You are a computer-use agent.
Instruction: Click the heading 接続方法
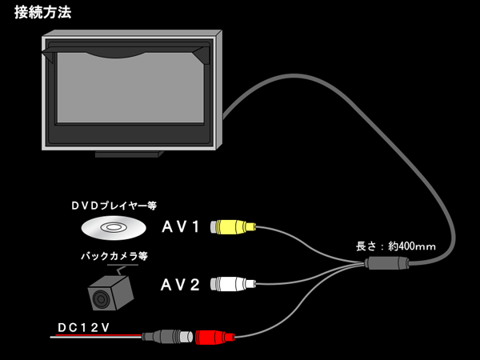pos(43,13)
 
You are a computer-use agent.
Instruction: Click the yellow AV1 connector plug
pos(234,227)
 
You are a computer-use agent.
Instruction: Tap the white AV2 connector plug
pos(234,284)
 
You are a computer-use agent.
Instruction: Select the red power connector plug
pos(215,337)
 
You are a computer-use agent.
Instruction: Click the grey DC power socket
pos(167,337)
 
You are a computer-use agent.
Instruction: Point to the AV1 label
pos(181,227)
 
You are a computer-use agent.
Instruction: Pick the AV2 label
pos(180,285)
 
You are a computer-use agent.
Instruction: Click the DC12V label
pos(83,327)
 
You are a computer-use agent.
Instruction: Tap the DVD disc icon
pos(114,228)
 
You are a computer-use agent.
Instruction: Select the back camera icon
pos(111,291)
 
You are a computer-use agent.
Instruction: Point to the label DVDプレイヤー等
pos(114,206)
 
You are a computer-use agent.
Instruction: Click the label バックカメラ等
pos(114,256)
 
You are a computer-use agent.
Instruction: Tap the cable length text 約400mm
pos(412,246)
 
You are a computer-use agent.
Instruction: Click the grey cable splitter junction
pos(386,263)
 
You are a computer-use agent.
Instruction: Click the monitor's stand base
pos(129,154)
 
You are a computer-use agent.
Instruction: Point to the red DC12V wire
pos(96,336)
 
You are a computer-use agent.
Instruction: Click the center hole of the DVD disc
pos(113,227)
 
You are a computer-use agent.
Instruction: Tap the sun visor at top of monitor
pos(126,53)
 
